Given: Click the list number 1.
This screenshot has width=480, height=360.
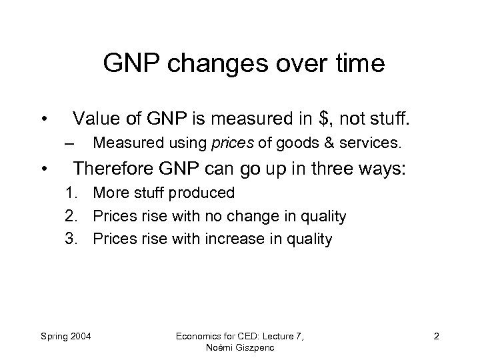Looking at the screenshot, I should [x=71, y=193].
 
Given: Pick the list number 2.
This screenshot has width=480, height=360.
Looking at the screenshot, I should [x=71, y=216].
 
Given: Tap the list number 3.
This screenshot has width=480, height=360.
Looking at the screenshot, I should [x=71, y=239].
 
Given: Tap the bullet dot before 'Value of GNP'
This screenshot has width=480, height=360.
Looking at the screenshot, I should [x=43, y=121].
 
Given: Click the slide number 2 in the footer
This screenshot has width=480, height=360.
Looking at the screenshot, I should [x=435, y=335].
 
